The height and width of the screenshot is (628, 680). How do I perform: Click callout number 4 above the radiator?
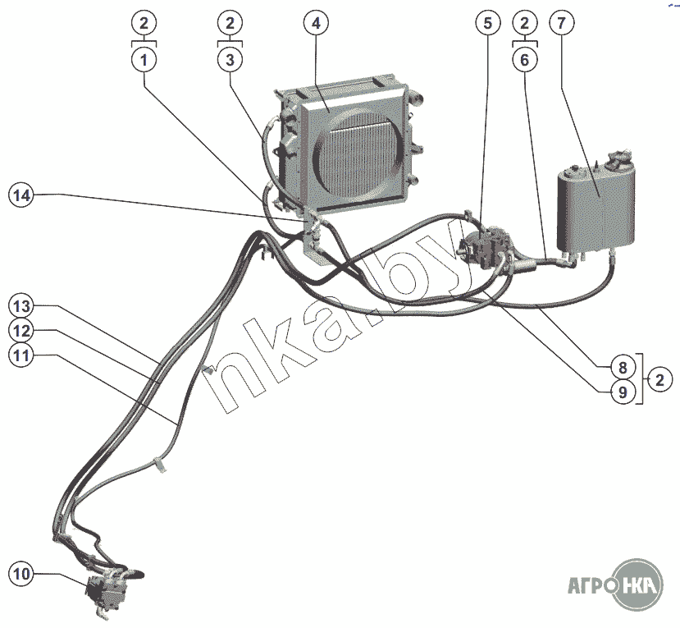click(x=316, y=23)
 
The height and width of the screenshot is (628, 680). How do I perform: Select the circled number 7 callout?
click(x=561, y=23)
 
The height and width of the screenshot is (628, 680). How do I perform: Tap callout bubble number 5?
click(x=487, y=23)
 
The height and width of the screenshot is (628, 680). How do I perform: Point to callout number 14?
click(x=21, y=195)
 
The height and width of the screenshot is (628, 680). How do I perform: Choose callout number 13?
click(x=21, y=306)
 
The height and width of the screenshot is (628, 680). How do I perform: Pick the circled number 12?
click(x=21, y=331)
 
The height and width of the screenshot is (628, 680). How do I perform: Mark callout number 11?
click(x=21, y=355)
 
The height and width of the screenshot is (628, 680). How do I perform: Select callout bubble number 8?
click(x=622, y=366)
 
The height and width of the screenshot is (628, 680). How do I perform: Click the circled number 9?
click(x=622, y=392)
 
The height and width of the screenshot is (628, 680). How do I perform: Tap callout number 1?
click(x=144, y=59)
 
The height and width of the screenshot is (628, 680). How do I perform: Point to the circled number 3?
click(x=230, y=59)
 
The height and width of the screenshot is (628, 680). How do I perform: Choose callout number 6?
click(x=524, y=59)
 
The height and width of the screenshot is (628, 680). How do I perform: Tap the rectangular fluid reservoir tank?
click(x=594, y=205)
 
